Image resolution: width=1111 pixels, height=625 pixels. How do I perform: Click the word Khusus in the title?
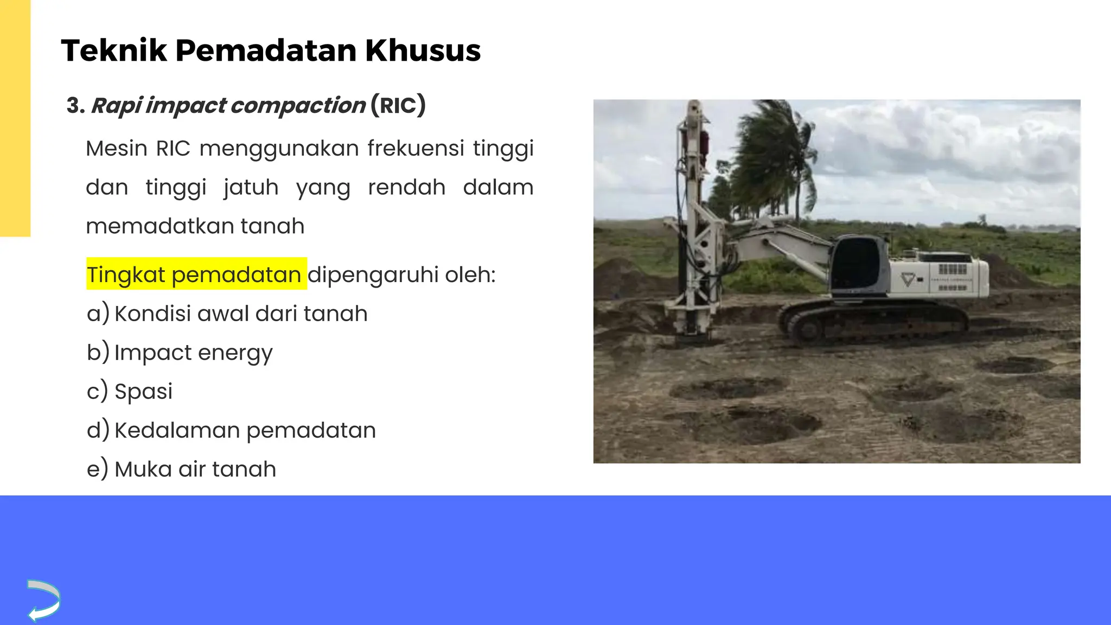(423, 50)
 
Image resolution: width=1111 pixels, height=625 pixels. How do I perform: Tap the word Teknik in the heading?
(114, 50)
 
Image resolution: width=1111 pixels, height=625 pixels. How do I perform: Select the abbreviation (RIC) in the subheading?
(398, 105)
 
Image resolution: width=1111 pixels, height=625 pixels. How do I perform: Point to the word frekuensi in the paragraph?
(416, 148)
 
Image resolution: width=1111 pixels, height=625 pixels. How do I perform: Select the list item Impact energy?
(193, 353)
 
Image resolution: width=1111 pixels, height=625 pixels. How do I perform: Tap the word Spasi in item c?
(143, 392)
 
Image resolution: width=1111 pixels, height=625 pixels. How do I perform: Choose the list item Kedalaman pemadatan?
(245, 431)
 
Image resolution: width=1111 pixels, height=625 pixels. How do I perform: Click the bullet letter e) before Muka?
(98, 469)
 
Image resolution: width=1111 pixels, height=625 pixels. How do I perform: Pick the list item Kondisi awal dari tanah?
(241, 314)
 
